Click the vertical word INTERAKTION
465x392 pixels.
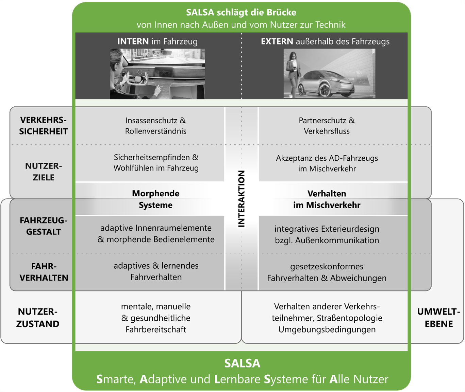click(241, 199)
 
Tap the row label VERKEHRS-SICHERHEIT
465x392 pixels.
click(44, 126)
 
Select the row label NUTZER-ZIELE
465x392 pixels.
click(44, 172)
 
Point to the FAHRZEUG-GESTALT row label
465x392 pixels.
click(44, 226)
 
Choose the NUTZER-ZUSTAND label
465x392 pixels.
click(38, 318)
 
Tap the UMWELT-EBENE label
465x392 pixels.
click(438, 318)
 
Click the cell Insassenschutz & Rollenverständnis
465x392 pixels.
click(156, 126)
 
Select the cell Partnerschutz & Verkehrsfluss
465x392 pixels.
click(327, 126)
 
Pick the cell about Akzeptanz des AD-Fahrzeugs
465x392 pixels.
click(327, 163)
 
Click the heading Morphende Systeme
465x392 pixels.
click(155, 199)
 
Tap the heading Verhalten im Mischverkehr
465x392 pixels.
click(327, 199)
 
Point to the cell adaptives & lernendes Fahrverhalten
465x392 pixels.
click(156, 271)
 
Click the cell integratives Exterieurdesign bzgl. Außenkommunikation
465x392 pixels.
click(327, 234)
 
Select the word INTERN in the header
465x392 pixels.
click(133, 41)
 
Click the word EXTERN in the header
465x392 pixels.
click(277, 41)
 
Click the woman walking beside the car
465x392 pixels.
click(292, 73)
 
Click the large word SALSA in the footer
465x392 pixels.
click(242, 363)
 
